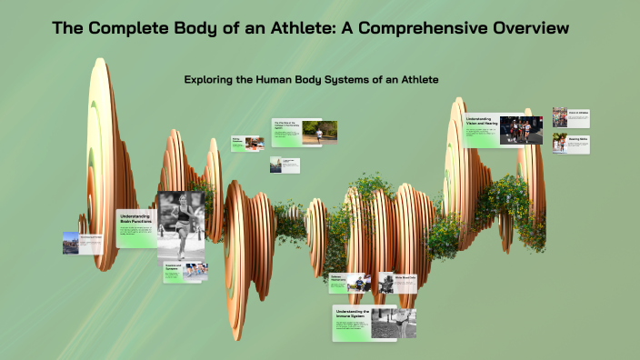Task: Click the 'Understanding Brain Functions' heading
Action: pos(135,219)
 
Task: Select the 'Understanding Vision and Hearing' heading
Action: pos(481,122)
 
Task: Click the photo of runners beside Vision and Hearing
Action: pos(521,130)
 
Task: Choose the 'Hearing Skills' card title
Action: pos(578,139)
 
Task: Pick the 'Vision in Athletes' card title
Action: pos(578,113)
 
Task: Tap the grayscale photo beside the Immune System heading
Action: pos(393,323)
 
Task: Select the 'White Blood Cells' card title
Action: pos(405,277)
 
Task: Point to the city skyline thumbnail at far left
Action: pos(71,243)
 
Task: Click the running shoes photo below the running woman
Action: pos(195,271)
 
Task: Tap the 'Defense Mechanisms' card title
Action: pos(340,278)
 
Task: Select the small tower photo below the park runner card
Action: pos(277,165)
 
